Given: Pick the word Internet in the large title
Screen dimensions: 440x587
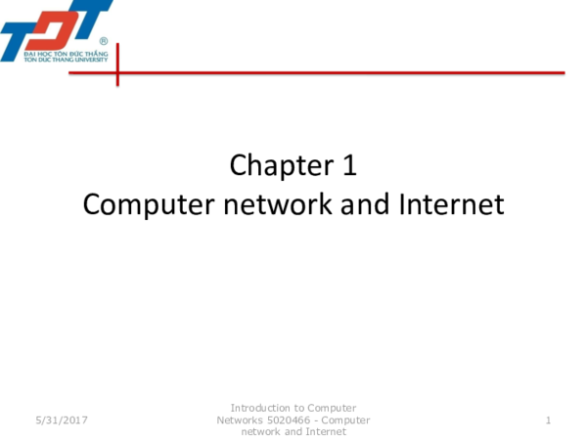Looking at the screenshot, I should tap(451, 205).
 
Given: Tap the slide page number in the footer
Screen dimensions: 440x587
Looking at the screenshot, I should tap(549, 420).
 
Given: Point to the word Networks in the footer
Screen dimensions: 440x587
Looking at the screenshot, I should tap(240, 419).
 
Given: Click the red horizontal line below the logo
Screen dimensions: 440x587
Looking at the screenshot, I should tap(342, 71).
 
